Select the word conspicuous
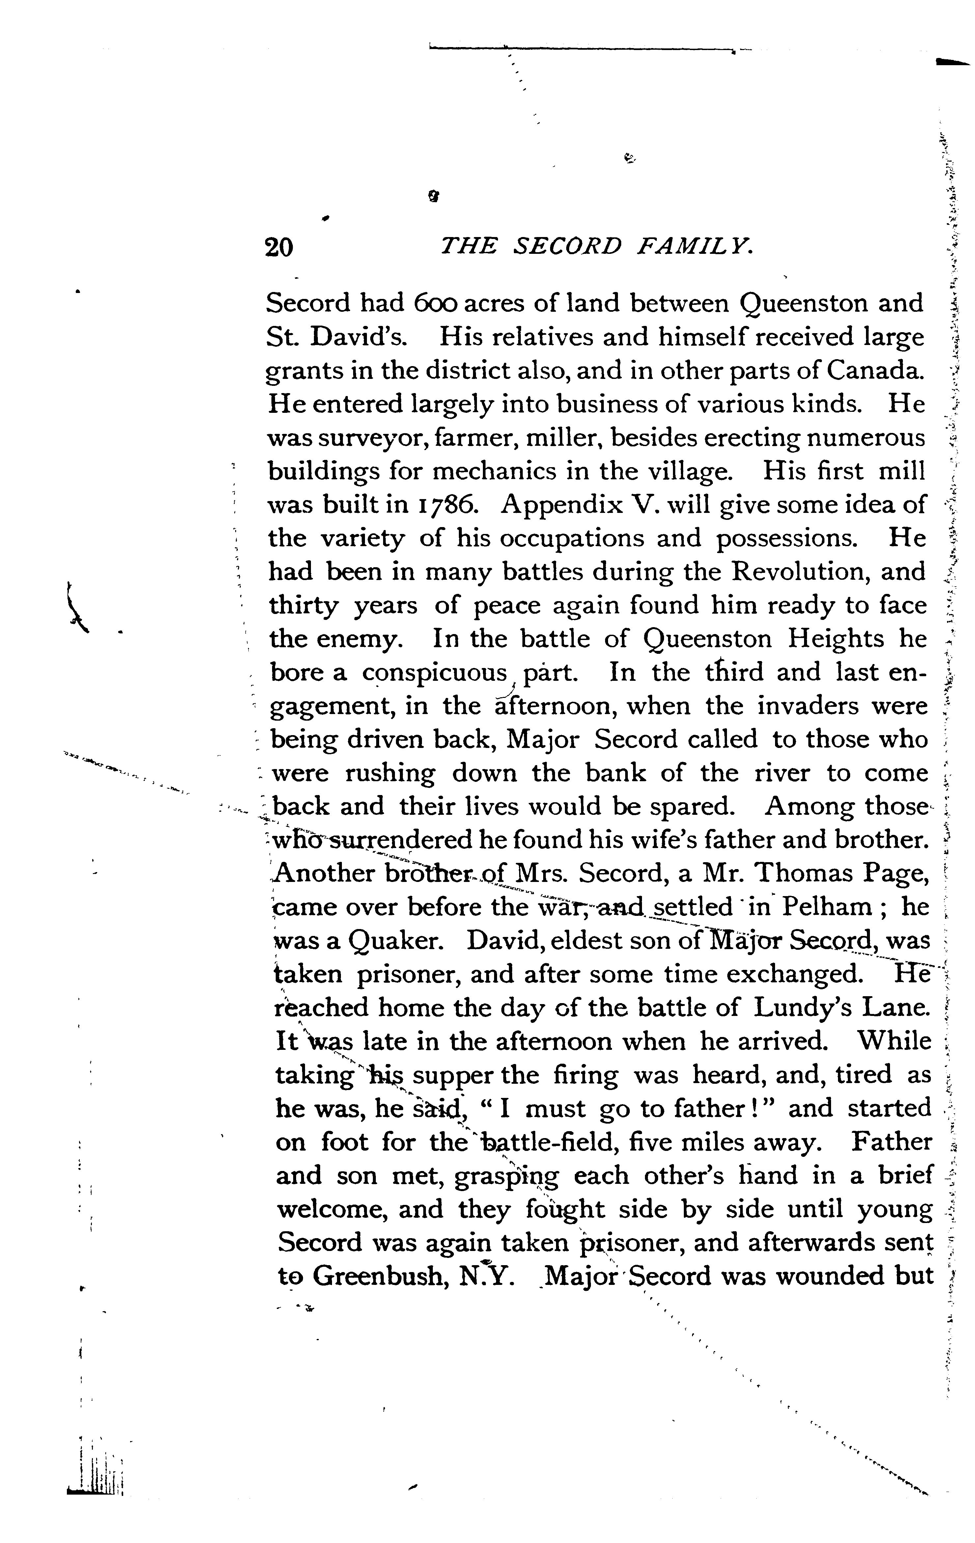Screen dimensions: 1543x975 tap(434, 673)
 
